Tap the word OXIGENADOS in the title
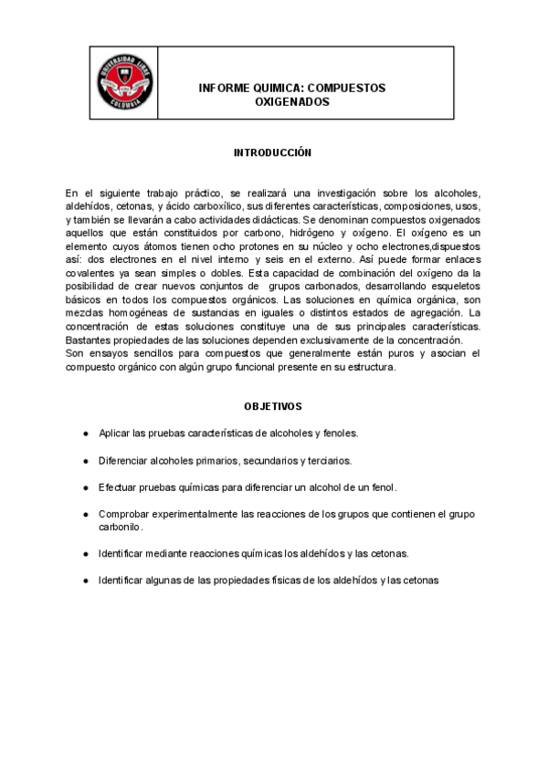coord(292,102)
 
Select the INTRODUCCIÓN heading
coord(273,152)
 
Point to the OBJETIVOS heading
coord(273,404)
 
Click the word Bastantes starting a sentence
coord(90,340)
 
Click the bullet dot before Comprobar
coord(86,515)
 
